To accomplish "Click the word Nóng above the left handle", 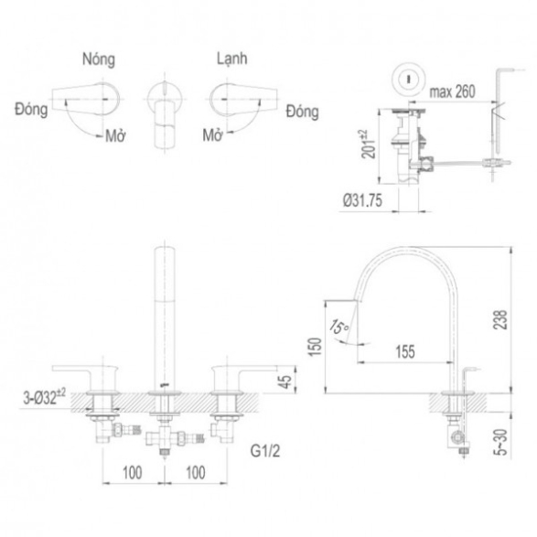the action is click(99, 59).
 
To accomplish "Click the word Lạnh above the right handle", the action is click(231, 59).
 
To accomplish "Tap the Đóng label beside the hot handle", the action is click(31, 110).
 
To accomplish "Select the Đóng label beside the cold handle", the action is click(302, 112).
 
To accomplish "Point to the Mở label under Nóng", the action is click(115, 135).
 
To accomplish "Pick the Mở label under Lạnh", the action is click(212, 134).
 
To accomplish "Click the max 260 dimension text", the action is click(453, 91).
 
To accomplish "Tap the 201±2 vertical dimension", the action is click(369, 145).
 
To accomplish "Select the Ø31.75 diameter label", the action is click(362, 200).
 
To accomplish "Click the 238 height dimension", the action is click(500, 319).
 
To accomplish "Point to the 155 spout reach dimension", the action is click(405, 351).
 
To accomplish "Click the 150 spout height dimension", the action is click(316, 347).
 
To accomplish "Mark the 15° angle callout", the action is click(338, 327).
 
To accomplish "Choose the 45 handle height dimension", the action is click(286, 380).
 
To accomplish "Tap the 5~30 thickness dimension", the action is click(500, 442).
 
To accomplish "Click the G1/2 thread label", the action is click(265, 451).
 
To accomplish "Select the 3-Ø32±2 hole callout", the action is click(45, 397).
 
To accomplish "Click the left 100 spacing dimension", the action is click(133, 473).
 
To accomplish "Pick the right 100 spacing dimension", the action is click(196, 473).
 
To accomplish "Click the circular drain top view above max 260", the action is click(409, 79).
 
